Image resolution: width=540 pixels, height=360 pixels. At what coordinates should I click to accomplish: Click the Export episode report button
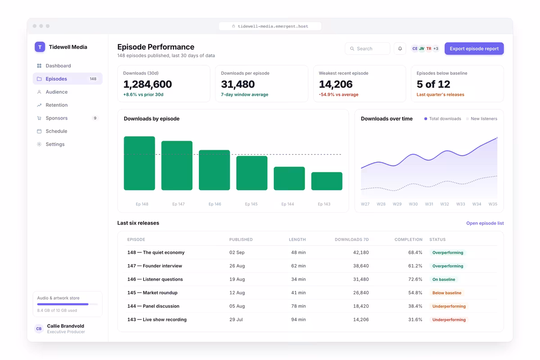tap(474, 49)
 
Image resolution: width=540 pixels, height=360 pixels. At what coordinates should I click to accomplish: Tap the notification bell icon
tap(400, 49)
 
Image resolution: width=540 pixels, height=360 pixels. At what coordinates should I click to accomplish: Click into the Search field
tap(368, 49)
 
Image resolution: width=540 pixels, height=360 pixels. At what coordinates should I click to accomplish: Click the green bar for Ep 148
tap(139, 163)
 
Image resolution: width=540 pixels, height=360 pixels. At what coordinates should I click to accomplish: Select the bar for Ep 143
tap(327, 181)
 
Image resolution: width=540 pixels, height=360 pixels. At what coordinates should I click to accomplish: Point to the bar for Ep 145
tap(252, 173)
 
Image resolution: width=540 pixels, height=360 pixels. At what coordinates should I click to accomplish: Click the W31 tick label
tap(429, 204)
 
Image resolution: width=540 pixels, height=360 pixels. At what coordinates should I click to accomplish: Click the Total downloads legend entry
tap(443, 119)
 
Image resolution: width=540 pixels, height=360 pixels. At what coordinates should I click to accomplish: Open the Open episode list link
tap(485, 223)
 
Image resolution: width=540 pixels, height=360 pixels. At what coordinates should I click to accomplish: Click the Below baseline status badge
tap(447, 293)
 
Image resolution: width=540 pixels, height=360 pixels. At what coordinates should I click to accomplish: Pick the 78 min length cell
tap(298, 306)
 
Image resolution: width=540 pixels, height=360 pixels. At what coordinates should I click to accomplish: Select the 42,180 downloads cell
tap(361, 252)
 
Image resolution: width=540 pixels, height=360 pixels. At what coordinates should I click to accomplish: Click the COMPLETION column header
tap(409, 239)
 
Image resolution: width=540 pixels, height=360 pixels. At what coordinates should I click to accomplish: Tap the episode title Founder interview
tap(162, 265)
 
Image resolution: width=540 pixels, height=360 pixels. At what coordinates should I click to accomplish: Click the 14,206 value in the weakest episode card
tap(336, 84)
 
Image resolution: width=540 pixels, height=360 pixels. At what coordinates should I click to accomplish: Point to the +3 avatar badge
tap(436, 49)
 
